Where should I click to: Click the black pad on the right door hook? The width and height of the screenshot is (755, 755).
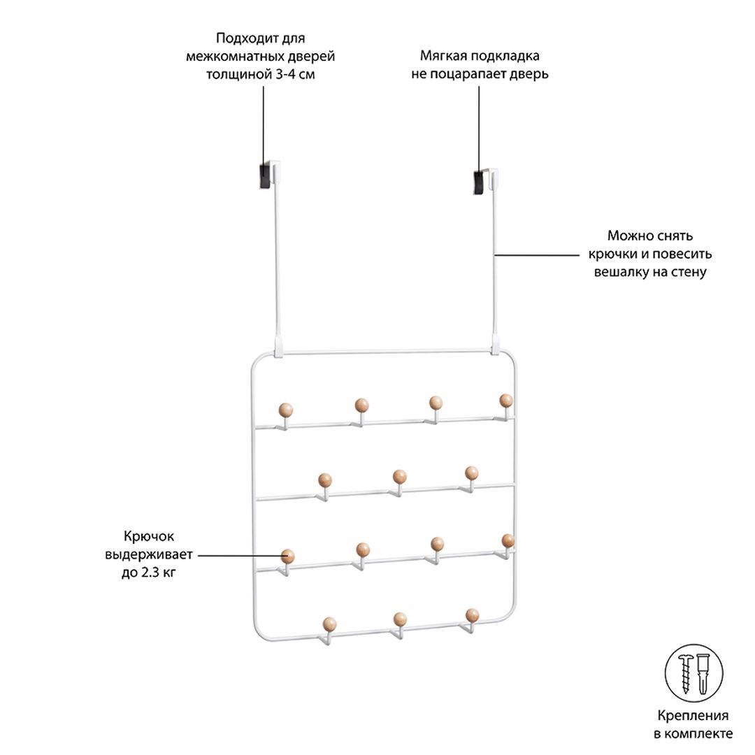point(479,182)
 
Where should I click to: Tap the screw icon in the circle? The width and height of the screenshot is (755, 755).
point(686,673)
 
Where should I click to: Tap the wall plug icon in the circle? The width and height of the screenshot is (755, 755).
point(703,673)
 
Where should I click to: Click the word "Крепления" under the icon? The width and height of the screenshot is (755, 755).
point(693,716)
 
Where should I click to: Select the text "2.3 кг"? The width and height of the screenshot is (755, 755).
point(158,573)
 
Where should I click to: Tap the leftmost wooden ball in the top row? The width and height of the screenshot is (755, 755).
point(286,410)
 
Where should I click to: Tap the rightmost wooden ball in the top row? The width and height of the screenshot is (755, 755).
point(506,401)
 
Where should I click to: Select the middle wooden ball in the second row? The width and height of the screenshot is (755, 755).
point(399,477)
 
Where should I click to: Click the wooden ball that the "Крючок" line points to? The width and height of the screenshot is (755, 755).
point(287,556)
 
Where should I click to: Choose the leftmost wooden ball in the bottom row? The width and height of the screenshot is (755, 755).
point(330,624)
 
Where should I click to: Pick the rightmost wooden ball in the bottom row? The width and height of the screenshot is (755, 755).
point(473,615)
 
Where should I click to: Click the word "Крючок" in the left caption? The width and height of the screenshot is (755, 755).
point(149,536)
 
